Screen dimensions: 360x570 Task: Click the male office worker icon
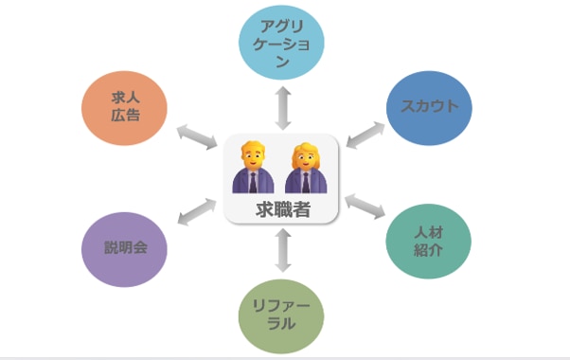click(252, 169)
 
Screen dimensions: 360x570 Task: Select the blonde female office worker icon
click(307, 169)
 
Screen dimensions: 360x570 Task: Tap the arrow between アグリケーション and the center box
click(281, 106)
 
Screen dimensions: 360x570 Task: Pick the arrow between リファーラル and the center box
click(281, 251)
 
